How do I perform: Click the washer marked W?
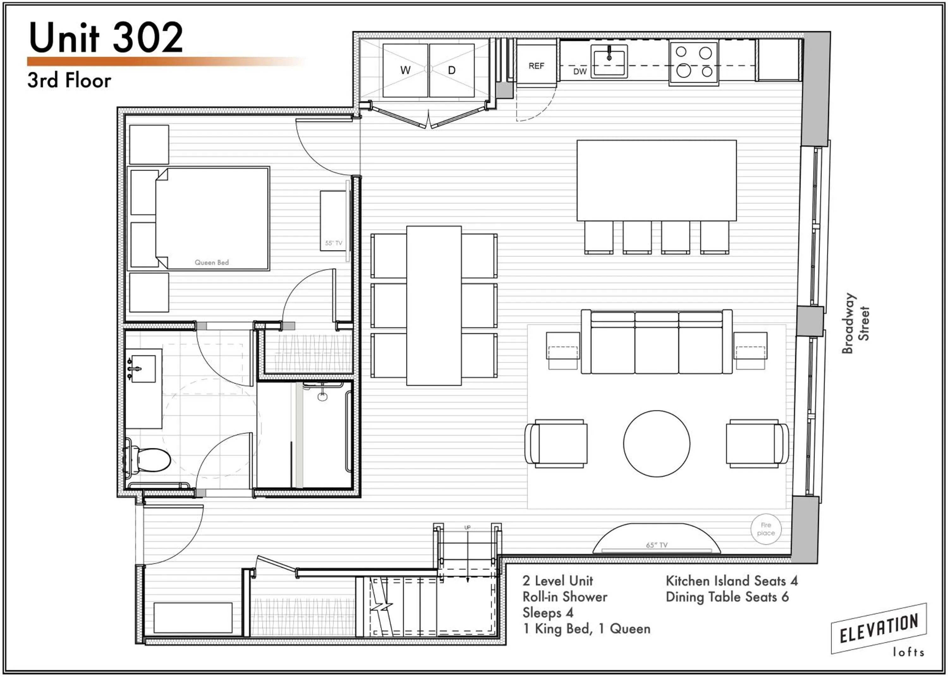[405, 70]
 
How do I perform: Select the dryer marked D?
[452, 70]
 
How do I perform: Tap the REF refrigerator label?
[536, 66]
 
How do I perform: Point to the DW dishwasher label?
[580, 71]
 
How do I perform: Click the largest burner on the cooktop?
[684, 70]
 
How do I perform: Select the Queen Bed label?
[212, 262]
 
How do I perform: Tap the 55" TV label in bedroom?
[333, 243]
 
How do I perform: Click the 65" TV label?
[656, 545]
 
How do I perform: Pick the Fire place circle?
[766, 529]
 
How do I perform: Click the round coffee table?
[656, 443]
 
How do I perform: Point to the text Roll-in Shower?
[565, 597]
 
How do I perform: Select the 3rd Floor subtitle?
[69, 81]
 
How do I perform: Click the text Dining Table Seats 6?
[727, 597]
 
